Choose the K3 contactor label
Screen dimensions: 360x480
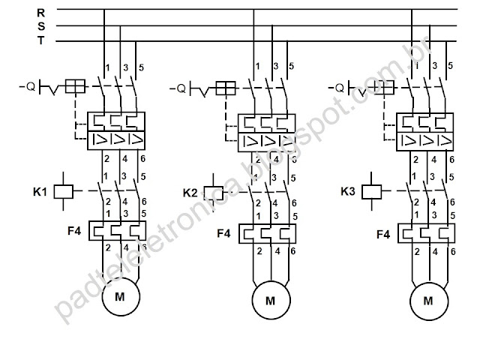coord(347,191)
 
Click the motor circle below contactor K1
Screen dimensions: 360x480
coord(120,296)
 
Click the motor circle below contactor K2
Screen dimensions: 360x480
coord(271,301)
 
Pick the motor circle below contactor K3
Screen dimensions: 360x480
coord(428,300)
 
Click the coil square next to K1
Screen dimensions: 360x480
coord(64,191)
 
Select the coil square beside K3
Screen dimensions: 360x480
coord(371,191)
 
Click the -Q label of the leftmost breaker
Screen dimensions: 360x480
coord(26,86)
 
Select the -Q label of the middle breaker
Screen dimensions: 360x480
coord(177,88)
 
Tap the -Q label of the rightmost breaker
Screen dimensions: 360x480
coord(336,87)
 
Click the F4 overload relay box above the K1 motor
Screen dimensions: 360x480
coord(115,229)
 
